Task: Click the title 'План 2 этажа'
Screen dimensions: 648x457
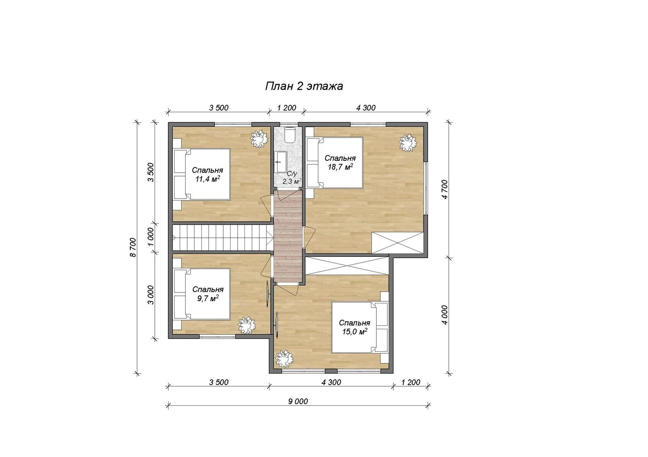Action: [x=304, y=86]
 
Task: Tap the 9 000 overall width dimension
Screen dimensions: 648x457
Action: [x=298, y=401]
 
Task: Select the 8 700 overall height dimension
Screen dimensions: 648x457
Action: [x=133, y=247]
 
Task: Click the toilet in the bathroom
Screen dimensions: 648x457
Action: [x=289, y=135]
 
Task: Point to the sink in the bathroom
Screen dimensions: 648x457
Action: [x=280, y=162]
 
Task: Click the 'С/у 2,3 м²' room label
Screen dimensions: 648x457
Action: [x=292, y=178]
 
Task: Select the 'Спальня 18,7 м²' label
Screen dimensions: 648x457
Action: [x=340, y=162]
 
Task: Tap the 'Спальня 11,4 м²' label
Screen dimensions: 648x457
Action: [x=207, y=174]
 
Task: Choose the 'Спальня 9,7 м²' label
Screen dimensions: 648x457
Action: [x=208, y=294]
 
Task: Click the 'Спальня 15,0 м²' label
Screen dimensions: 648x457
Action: [x=354, y=327]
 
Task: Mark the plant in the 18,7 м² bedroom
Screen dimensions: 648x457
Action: [x=408, y=143]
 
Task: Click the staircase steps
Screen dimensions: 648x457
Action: [x=223, y=238]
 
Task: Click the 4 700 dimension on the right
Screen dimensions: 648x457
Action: [x=445, y=189]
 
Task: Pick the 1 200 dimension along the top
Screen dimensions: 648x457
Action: [x=286, y=107]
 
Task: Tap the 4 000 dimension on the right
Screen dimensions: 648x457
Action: [x=445, y=315]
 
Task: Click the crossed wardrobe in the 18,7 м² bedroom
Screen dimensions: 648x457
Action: [x=398, y=242]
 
